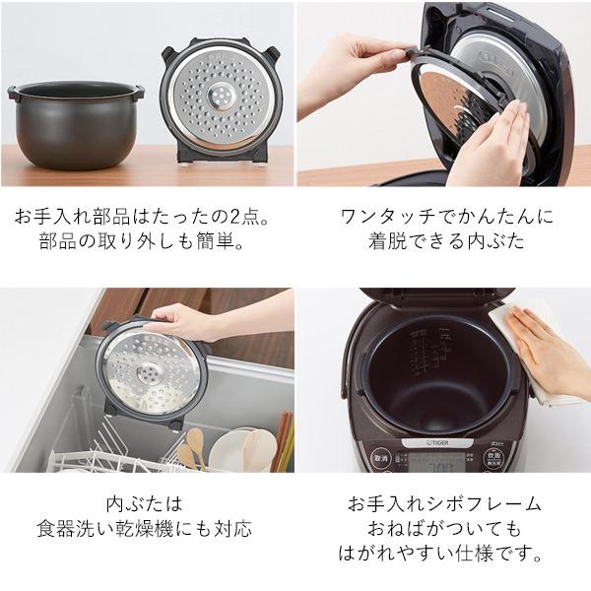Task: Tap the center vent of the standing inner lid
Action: pos(220,97)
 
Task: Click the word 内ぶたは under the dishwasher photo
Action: pos(148,503)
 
